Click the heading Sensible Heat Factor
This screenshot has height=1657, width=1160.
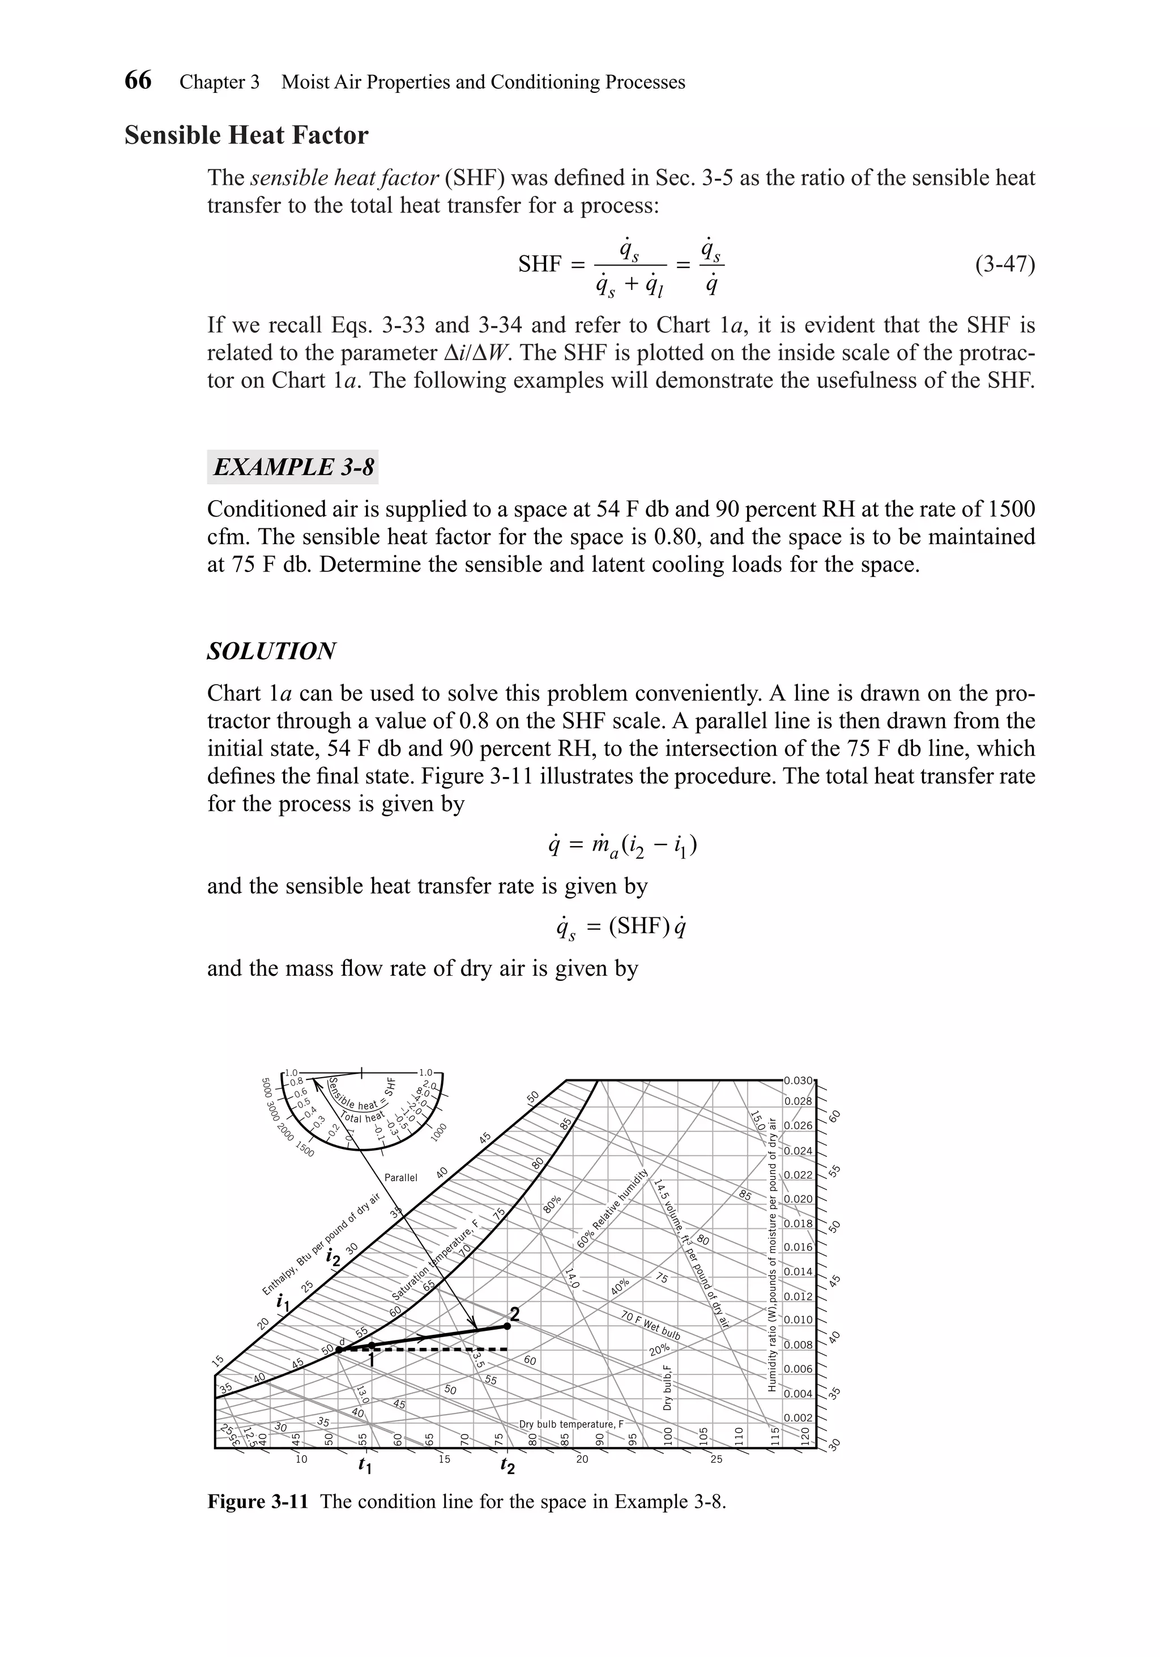pyautogui.click(x=246, y=135)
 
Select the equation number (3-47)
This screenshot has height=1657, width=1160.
pyautogui.click(x=1004, y=265)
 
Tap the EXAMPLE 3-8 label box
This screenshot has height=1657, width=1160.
pyautogui.click(x=293, y=467)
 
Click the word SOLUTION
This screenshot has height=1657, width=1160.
pyautogui.click(x=271, y=651)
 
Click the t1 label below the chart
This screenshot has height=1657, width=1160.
pyautogui.click(x=365, y=1466)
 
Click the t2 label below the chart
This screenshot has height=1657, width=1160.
pyautogui.click(x=508, y=1466)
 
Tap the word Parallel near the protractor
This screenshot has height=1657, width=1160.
pyautogui.click(x=400, y=1178)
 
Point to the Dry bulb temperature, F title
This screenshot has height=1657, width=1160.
pyautogui.click(x=571, y=1424)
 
